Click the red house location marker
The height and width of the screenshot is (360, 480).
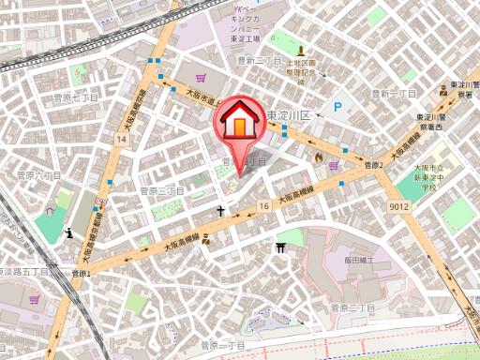[x=239, y=124]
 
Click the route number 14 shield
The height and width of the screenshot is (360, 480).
[x=122, y=139]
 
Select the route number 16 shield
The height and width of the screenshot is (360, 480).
[x=265, y=204]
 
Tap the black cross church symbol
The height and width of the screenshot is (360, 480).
[x=221, y=212]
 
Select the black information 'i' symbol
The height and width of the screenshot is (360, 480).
[x=70, y=232]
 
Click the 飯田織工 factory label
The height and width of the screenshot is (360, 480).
[x=358, y=259]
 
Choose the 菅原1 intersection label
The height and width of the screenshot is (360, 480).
[x=80, y=273]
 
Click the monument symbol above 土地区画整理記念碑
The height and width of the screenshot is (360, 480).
[x=302, y=52]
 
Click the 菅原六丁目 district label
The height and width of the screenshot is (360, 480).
[x=39, y=174]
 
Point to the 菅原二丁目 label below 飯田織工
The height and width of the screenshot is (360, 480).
[x=352, y=307]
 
